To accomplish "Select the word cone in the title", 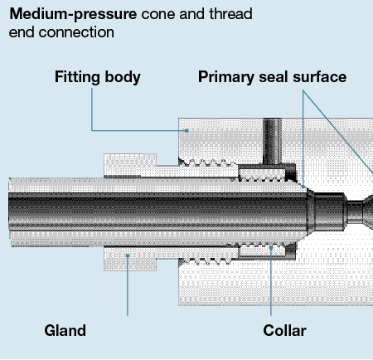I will pos(157,15).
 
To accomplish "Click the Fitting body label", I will pos(98,78).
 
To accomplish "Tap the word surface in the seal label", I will pos(317,78).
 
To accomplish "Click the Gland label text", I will pos(65,331).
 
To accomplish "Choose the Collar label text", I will pos(284,331).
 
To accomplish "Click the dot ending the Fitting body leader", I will pos(187,129).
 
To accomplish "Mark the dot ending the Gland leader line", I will pos(128,256).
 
